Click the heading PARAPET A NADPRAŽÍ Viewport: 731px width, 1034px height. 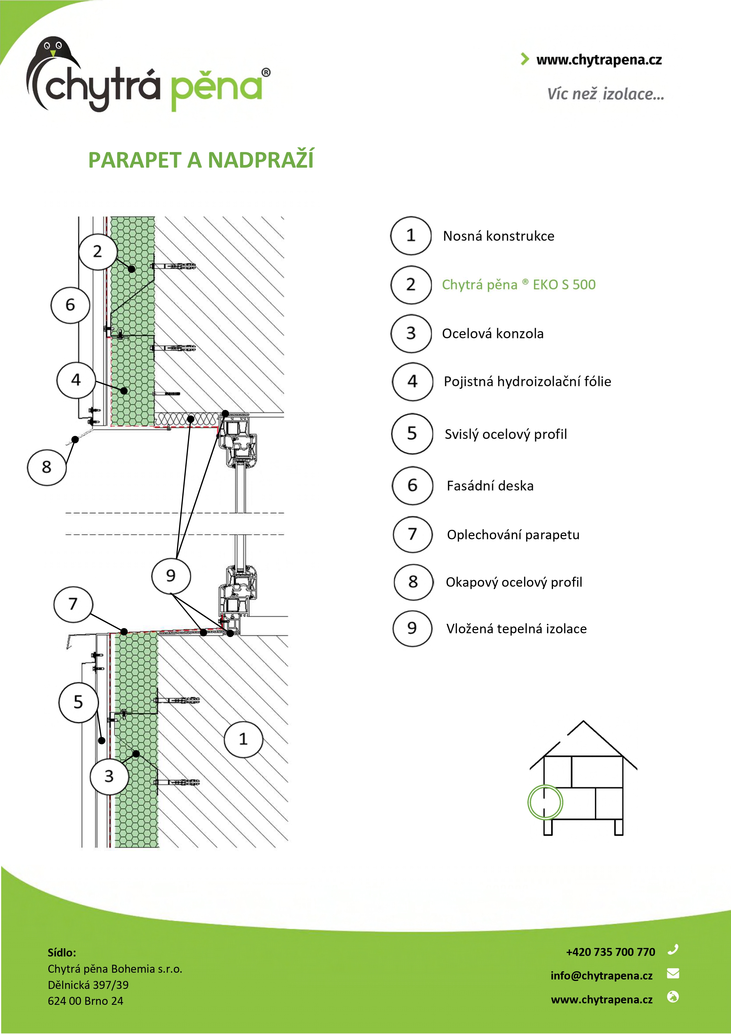click(201, 160)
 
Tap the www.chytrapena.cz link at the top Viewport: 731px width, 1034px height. click(599, 60)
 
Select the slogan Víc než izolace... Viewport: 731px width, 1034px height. click(605, 94)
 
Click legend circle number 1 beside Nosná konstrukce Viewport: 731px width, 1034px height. click(411, 235)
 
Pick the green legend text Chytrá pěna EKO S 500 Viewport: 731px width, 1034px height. click(518, 285)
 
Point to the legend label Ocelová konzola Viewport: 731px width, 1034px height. click(493, 334)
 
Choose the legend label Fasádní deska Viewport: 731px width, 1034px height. click(490, 486)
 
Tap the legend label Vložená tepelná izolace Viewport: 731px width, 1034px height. click(516, 629)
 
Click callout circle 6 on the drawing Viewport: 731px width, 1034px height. click(70, 305)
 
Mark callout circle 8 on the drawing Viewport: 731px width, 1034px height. click(47, 467)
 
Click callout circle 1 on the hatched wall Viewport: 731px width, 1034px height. click(243, 739)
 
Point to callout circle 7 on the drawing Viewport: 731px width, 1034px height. click(73, 604)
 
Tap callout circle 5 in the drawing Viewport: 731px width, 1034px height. click(78, 702)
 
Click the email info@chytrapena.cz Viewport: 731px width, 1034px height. click(601, 975)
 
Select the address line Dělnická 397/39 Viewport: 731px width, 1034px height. click(88, 985)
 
